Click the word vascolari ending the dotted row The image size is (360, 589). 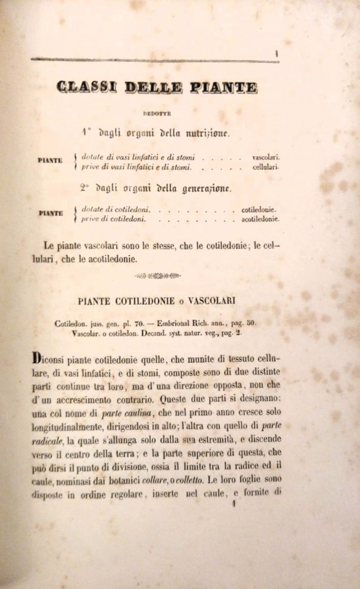(266, 158)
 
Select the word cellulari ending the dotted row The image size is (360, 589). (265, 167)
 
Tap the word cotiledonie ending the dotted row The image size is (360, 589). (260, 210)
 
